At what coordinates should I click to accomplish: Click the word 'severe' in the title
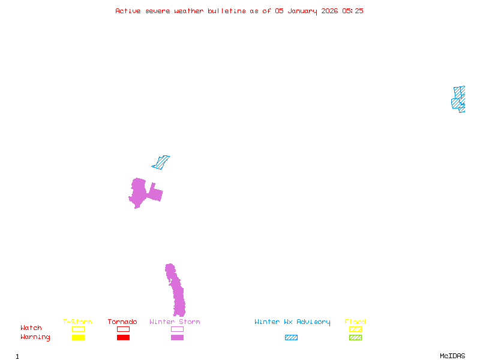click(x=157, y=11)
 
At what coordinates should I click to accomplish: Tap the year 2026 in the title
click(x=329, y=11)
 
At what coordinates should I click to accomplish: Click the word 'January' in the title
click(x=302, y=11)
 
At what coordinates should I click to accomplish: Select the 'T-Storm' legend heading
click(x=77, y=322)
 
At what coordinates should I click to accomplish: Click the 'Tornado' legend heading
click(x=122, y=322)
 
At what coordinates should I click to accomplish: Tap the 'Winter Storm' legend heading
click(x=175, y=322)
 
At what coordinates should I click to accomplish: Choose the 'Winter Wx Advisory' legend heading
click(x=292, y=322)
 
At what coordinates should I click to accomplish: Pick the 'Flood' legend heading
click(x=355, y=322)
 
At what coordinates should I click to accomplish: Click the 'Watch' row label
click(x=31, y=328)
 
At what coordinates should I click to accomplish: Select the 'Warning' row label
click(x=35, y=337)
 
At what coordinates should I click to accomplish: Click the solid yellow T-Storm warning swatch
click(x=79, y=337)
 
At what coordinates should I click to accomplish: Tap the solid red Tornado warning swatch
click(x=124, y=337)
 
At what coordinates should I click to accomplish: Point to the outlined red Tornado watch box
click(x=124, y=326)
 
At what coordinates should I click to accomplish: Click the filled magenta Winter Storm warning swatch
click(x=177, y=337)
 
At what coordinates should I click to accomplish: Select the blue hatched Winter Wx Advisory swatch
click(x=291, y=337)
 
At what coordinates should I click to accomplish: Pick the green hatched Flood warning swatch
click(x=355, y=337)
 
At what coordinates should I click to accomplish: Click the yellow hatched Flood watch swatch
click(x=355, y=329)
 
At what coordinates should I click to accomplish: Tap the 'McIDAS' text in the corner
click(x=452, y=356)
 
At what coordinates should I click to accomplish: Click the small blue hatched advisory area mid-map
click(x=161, y=163)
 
